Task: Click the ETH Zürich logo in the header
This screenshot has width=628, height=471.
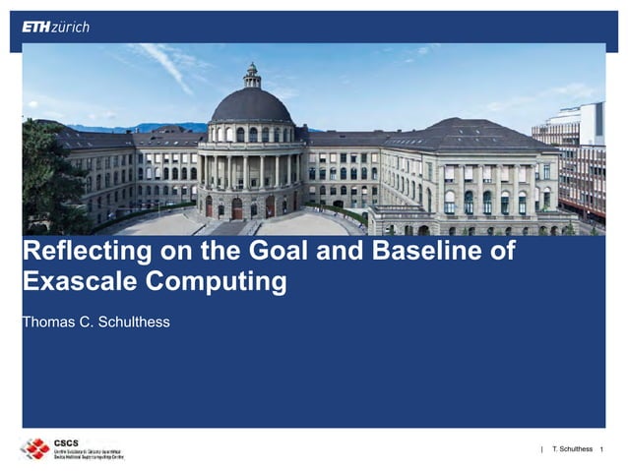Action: (55, 27)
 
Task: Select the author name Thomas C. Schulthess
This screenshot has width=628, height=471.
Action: (95, 320)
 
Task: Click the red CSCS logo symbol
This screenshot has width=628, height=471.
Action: (34, 449)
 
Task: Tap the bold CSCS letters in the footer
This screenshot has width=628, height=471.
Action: (68, 442)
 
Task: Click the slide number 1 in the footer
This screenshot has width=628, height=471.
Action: (600, 449)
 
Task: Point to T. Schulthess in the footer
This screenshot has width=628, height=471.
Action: (572, 449)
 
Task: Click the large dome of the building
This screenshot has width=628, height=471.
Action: (252, 105)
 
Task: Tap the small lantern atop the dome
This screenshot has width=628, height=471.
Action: (252, 74)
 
